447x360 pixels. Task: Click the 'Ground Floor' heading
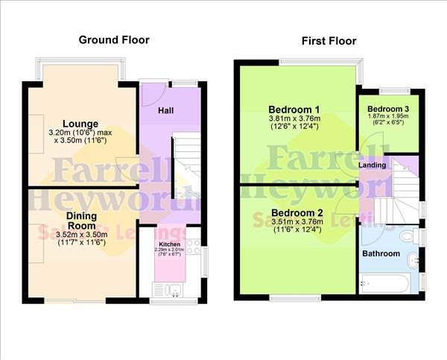point(114,40)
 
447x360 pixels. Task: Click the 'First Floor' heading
point(329,41)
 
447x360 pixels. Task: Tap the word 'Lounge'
point(80,123)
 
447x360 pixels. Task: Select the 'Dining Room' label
point(82,220)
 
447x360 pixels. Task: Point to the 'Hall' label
point(166,110)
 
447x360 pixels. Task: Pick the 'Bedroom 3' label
point(388,108)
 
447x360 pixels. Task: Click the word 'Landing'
point(372,164)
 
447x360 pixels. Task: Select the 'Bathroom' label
point(381,254)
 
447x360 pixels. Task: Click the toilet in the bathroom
point(407,237)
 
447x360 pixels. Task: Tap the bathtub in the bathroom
point(384,283)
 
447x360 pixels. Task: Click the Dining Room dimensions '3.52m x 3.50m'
point(82,234)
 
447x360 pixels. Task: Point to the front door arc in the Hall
point(150,95)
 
